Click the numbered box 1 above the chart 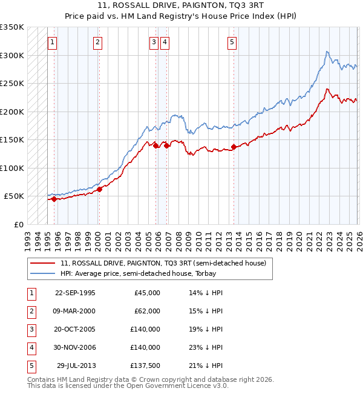(53, 42)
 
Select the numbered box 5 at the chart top (232, 42)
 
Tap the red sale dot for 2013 (234, 147)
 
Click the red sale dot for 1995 (54, 199)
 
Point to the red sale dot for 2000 (99, 189)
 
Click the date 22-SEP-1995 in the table (75, 293)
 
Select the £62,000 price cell (147, 311)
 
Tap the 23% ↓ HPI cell (206, 347)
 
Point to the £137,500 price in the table (145, 366)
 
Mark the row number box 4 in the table (30, 347)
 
